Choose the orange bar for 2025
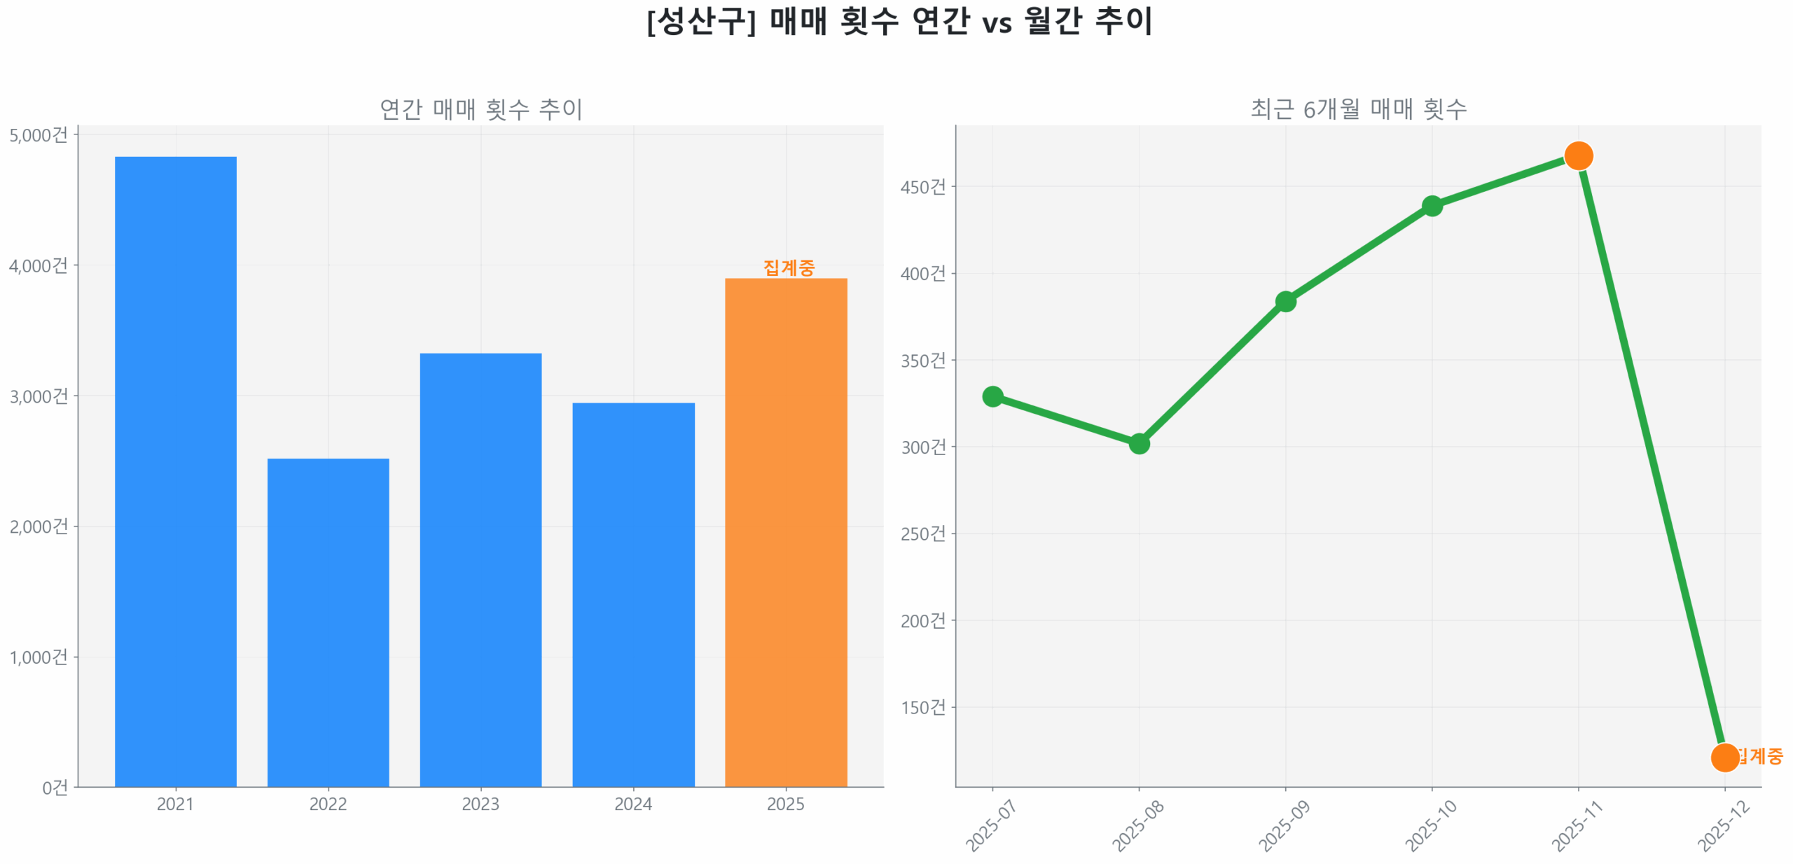[786, 532]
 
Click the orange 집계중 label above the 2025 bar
[789, 267]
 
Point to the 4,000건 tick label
[39, 265]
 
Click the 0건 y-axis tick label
[55, 788]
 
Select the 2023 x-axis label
[480, 804]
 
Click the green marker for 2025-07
[992, 396]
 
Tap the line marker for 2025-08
[1139, 443]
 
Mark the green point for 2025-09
[1285, 302]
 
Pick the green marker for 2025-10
[1432, 206]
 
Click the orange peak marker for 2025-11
[1578, 155]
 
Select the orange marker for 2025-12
[1724, 757]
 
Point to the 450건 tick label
[922, 187]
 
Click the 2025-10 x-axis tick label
[1430, 826]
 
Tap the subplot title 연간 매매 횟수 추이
[480, 109]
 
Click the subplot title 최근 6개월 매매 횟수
[1358, 109]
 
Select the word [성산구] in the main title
[701, 21]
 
